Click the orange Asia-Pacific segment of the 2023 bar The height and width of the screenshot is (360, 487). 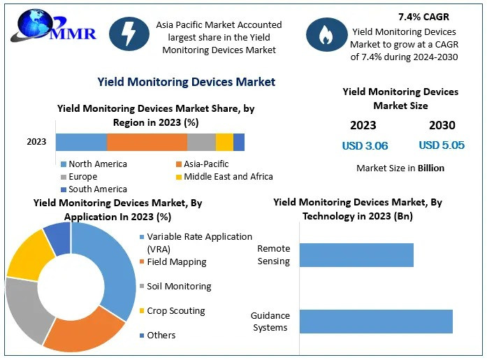click(147, 143)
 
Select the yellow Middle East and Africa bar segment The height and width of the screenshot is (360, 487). click(224, 143)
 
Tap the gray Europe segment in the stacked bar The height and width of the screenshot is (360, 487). click(201, 143)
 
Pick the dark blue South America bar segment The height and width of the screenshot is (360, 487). click(239, 143)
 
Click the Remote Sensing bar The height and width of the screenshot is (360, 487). click(356, 255)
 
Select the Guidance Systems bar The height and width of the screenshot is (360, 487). click(376, 322)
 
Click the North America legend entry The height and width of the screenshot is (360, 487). click(94, 164)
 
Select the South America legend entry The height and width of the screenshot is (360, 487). click(94, 189)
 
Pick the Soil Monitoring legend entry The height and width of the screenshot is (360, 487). click(175, 286)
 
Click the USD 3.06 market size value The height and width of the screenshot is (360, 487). click(365, 145)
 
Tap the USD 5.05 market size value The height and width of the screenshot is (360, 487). click(442, 145)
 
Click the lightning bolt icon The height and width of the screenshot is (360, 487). click(129, 34)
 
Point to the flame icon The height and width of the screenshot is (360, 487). click(326, 34)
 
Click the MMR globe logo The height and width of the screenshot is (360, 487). click(53, 25)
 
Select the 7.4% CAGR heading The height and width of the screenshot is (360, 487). click(423, 17)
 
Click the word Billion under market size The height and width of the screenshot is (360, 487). click(431, 168)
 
